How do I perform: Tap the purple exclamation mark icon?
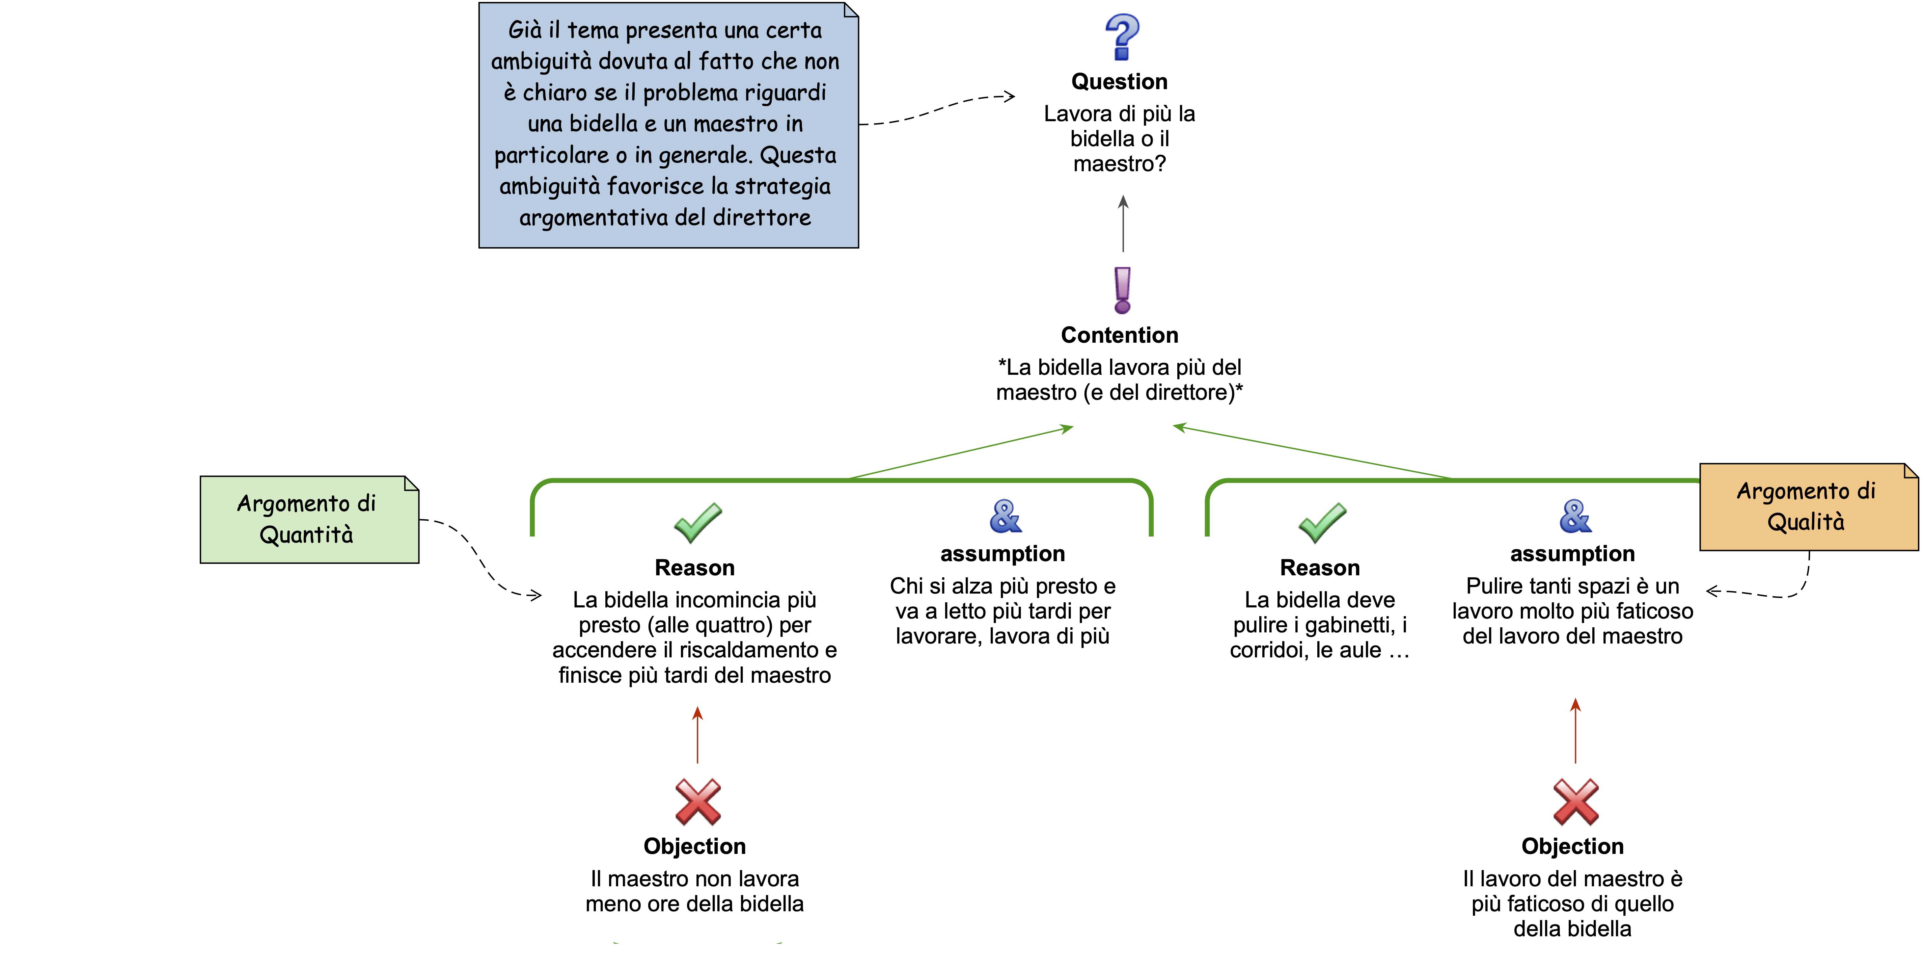click(1122, 290)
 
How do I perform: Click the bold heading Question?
click(1119, 81)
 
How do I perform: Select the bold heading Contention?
click(1119, 335)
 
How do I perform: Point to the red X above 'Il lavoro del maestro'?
click(1575, 801)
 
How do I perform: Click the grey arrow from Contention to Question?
click(1123, 224)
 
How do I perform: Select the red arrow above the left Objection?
click(697, 735)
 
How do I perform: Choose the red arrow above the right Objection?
click(1575, 730)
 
